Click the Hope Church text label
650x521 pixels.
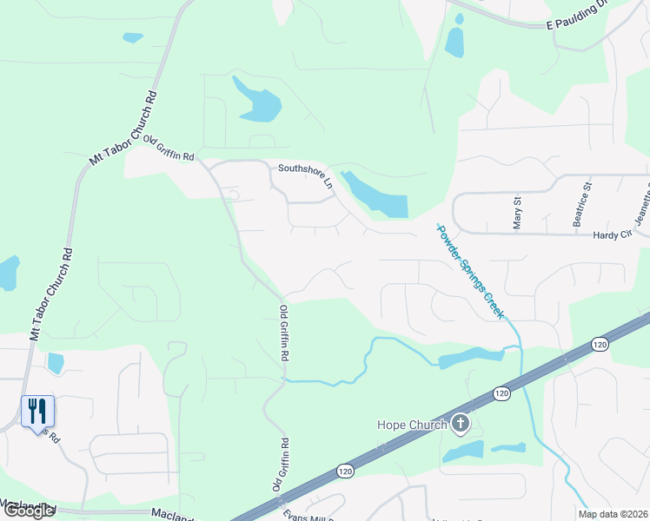[411, 425]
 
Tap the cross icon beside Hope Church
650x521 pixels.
[461, 425]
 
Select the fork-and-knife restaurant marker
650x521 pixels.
[37, 411]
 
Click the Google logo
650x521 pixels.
[29, 511]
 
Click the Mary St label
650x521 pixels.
[518, 213]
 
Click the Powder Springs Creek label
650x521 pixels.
[469, 271]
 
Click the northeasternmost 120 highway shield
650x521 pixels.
[600, 345]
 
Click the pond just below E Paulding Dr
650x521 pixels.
[454, 42]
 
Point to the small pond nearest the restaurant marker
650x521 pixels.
[56, 362]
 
